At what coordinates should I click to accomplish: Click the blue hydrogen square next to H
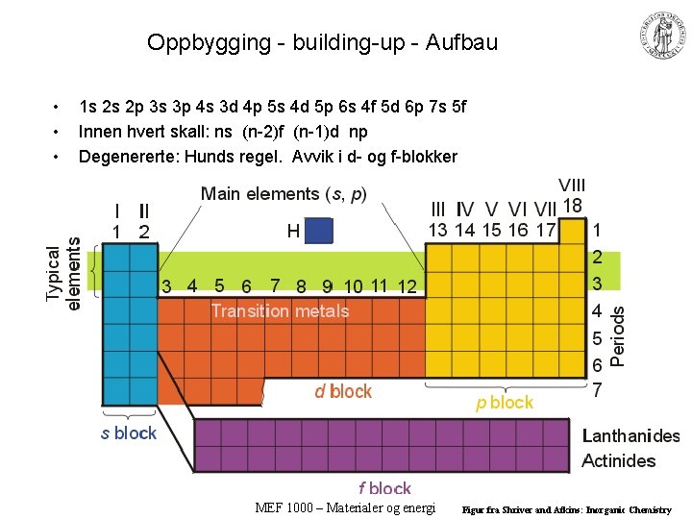pyautogui.click(x=319, y=231)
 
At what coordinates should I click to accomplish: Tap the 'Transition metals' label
pyautogui.click(x=280, y=310)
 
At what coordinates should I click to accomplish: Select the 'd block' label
pyautogui.click(x=343, y=391)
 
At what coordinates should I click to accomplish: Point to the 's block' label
pyautogui.click(x=129, y=432)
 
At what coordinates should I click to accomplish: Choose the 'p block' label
pyautogui.click(x=505, y=403)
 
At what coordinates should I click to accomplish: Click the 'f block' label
pyautogui.click(x=384, y=488)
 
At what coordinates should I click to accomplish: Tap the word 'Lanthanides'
pyautogui.click(x=630, y=435)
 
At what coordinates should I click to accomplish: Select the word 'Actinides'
pyautogui.click(x=619, y=460)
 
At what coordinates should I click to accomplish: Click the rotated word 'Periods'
pyautogui.click(x=619, y=335)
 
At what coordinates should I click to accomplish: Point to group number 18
pyautogui.click(x=573, y=206)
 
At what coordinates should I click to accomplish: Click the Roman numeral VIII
pyautogui.click(x=572, y=185)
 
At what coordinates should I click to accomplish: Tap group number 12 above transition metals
pyautogui.click(x=407, y=285)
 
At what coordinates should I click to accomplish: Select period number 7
pyautogui.click(x=598, y=390)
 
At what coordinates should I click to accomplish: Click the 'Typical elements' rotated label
pyautogui.click(x=63, y=274)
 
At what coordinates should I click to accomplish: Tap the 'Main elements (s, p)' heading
pyautogui.click(x=284, y=194)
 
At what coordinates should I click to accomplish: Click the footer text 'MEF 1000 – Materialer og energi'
pyautogui.click(x=346, y=507)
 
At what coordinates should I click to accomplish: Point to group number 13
pyautogui.click(x=437, y=230)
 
